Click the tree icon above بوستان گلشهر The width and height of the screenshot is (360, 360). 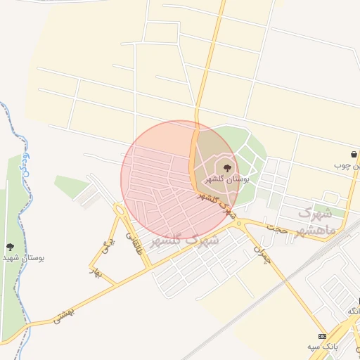point(226,167)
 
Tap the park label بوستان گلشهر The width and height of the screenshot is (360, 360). point(228,179)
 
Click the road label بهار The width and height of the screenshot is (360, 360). point(94,272)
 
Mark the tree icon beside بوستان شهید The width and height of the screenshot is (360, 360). point(10,247)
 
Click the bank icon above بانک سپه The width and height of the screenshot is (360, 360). point(322,336)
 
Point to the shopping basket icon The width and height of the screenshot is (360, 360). point(353,155)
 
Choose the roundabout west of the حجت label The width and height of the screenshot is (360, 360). point(240,223)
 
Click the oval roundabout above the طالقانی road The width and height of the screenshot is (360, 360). point(120,210)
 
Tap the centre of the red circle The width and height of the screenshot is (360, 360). point(179,179)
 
